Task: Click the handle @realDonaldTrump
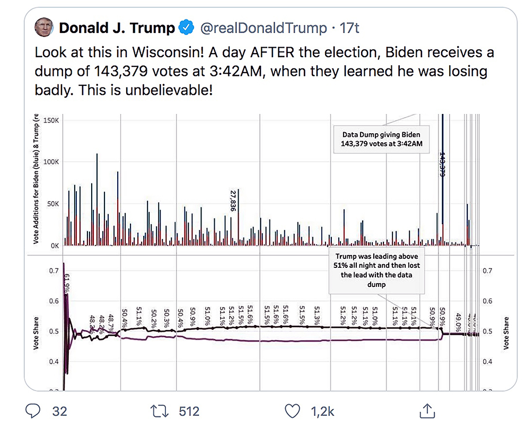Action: pyautogui.click(x=263, y=28)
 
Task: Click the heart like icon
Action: pyautogui.click(x=293, y=411)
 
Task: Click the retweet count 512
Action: pyautogui.click(x=189, y=411)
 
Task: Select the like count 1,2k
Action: pyautogui.click(x=323, y=411)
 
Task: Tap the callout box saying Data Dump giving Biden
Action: pyautogui.click(x=381, y=139)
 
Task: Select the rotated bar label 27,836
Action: pyautogui.click(x=232, y=200)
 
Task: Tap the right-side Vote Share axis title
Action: pyautogui.click(x=506, y=333)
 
